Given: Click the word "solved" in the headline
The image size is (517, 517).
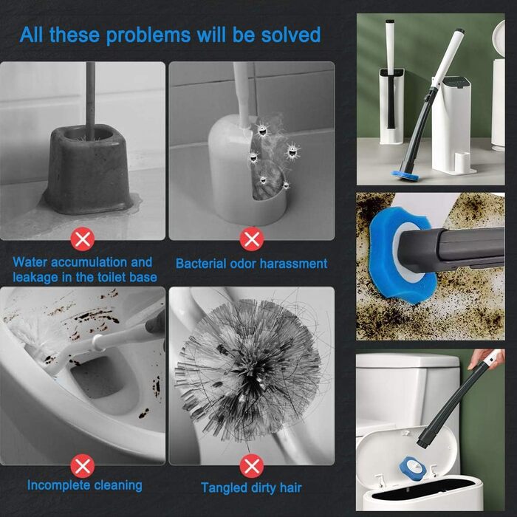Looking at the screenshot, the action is tap(291, 35).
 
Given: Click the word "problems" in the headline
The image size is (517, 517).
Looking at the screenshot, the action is tap(148, 35).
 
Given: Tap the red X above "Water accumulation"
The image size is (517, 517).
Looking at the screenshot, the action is tap(83, 239).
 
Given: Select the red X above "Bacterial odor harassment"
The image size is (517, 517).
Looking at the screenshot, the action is tap(252, 239).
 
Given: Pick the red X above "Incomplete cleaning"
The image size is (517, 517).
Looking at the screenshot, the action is tap(83, 466).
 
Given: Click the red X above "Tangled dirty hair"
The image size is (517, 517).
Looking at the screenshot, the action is tap(252, 466).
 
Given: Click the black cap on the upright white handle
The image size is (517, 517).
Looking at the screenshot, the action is tap(390, 21).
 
